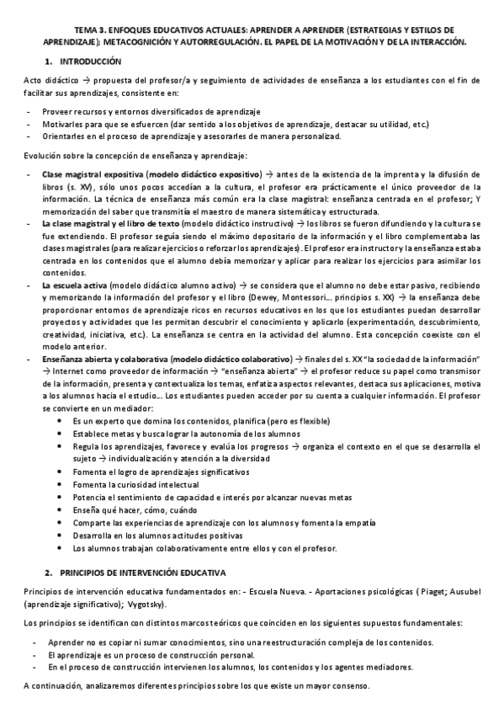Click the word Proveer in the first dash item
pos(57,111)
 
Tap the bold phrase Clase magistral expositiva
pos(93,173)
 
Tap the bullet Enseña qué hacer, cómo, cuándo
pos(122,510)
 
